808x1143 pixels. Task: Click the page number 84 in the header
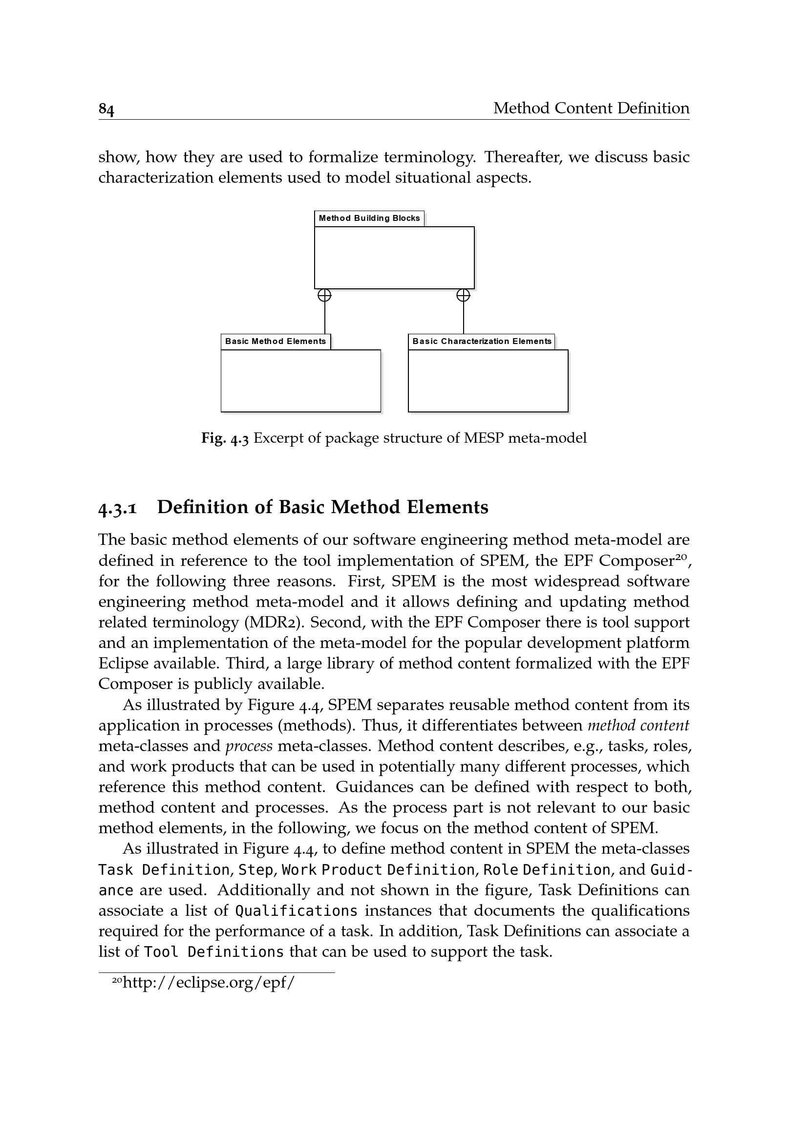coord(106,108)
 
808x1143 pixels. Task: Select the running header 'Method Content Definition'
coord(591,108)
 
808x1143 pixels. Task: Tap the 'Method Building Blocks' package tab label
coord(369,218)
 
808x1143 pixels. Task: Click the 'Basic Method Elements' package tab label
coord(276,342)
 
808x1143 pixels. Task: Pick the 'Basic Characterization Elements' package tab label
coord(482,342)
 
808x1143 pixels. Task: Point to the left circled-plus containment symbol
coord(324,296)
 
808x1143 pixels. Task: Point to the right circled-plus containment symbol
coord(463,296)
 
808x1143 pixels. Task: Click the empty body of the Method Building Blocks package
coord(394,258)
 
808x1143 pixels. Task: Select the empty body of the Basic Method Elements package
coord(300,381)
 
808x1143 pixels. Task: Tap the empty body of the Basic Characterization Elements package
coord(488,381)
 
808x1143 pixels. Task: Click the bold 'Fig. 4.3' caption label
coord(225,438)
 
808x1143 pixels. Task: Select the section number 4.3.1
coord(117,508)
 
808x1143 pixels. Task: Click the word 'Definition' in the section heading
coord(215,507)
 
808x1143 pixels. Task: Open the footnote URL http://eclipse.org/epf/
coord(209,983)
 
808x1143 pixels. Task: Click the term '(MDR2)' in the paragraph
coord(275,623)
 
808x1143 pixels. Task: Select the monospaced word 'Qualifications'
coord(296,911)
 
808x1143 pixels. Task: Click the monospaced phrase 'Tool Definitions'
coord(214,952)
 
